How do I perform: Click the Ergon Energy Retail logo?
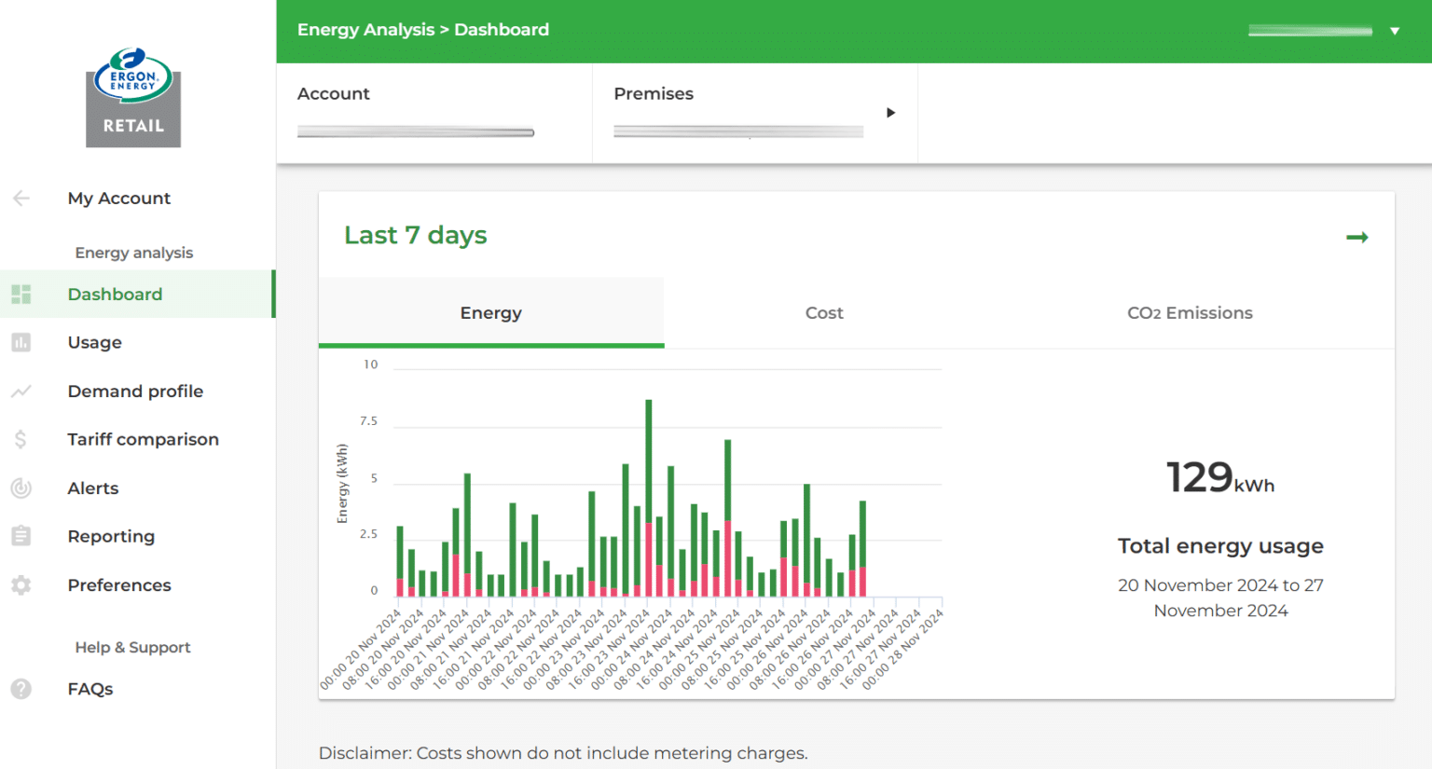pyautogui.click(x=133, y=98)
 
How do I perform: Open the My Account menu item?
pyautogui.click(x=119, y=199)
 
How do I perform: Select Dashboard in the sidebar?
pyautogui.click(x=115, y=295)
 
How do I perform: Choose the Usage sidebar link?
pyautogui.click(x=95, y=343)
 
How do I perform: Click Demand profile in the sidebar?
pyautogui.click(x=135, y=391)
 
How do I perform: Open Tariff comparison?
pyautogui.click(x=143, y=440)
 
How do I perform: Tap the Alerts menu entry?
pyautogui.click(x=93, y=488)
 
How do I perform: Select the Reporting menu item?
pyautogui.click(x=111, y=537)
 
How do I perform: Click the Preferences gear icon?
pyautogui.click(x=21, y=585)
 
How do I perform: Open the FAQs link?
pyautogui.click(x=90, y=690)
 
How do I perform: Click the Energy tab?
pyautogui.click(x=491, y=313)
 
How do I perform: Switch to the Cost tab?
pyautogui.click(x=824, y=313)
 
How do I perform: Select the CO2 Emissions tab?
pyautogui.click(x=1190, y=313)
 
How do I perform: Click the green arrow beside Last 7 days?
pyautogui.click(x=1357, y=238)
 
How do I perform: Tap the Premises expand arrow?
pyautogui.click(x=890, y=113)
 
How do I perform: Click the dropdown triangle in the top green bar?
pyautogui.click(x=1395, y=31)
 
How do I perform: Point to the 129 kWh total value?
pyautogui.click(x=1219, y=478)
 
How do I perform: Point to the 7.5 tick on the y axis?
pyautogui.click(x=369, y=421)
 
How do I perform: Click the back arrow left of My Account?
pyautogui.click(x=21, y=198)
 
